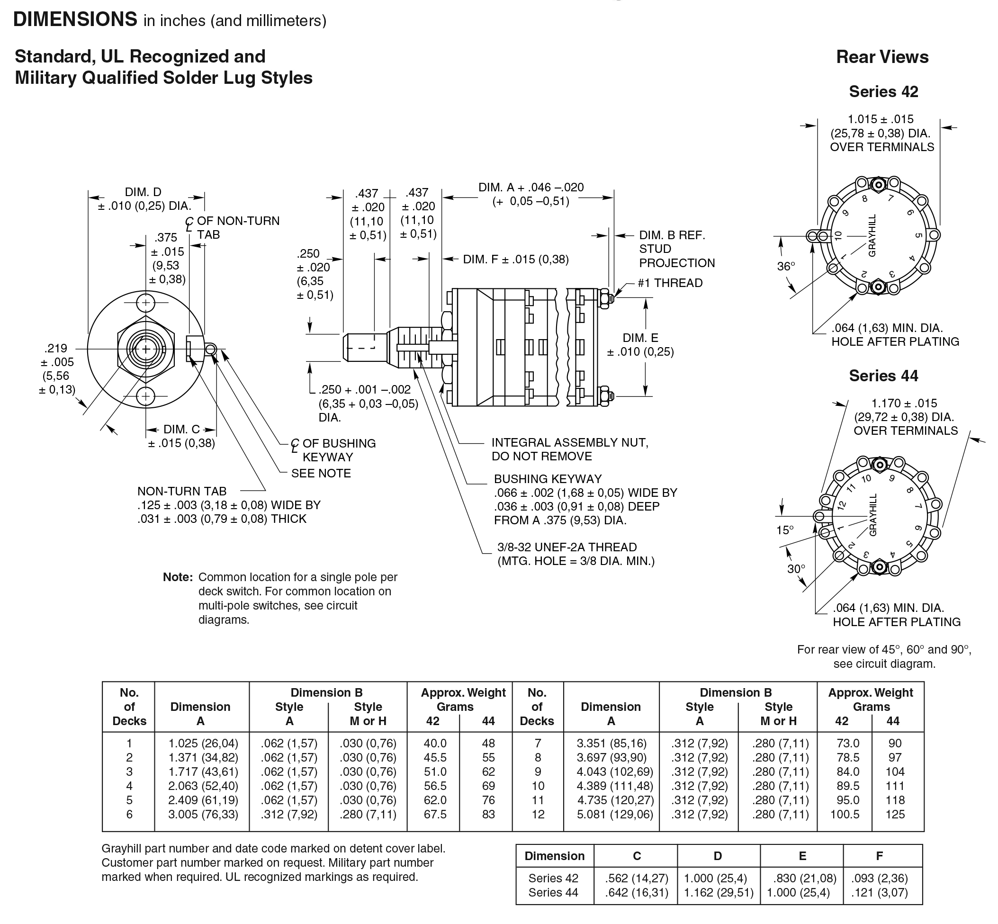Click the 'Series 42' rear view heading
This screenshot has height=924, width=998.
click(x=883, y=91)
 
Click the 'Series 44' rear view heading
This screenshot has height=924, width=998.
click(x=883, y=376)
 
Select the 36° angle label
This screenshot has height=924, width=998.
click(x=785, y=266)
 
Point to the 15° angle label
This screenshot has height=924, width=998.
click(x=784, y=530)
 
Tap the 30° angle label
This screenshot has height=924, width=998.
click(x=796, y=568)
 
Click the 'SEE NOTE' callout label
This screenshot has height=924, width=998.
click(x=321, y=473)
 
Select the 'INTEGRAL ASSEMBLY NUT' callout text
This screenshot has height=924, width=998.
click(x=569, y=442)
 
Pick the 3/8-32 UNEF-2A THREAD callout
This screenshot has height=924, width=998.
click(x=566, y=547)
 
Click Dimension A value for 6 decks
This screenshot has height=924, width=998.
click(x=203, y=814)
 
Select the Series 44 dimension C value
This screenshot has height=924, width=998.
click(x=636, y=892)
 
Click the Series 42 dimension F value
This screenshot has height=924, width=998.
click(x=879, y=878)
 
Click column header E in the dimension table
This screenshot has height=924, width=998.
click(x=801, y=855)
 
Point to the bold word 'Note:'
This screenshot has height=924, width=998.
click(x=178, y=577)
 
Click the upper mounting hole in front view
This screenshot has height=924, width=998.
click(x=145, y=303)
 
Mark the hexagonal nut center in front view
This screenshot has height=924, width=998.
click(x=145, y=349)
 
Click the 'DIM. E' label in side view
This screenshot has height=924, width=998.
click(x=640, y=338)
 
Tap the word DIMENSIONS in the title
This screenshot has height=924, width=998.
click(x=75, y=19)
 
